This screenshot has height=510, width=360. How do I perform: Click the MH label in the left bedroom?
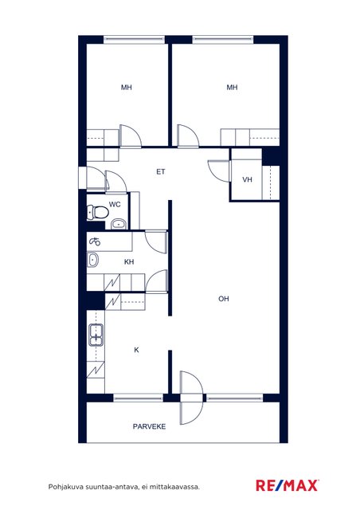(127, 87)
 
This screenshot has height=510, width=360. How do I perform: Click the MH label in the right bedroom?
(232, 87)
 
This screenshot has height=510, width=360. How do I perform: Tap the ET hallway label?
(161, 172)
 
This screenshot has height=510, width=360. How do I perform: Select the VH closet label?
(247, 179)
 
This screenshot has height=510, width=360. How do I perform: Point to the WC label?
(115, 204)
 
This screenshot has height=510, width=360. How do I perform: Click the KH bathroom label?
(129, 262)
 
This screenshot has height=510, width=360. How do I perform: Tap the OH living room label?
(224, 299)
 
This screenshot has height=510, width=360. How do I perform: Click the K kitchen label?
(136, 350)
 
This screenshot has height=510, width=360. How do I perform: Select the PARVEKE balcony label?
(149, 426)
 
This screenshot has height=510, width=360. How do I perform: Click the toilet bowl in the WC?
(97, 213)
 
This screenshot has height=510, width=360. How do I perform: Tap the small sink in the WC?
(119, 224)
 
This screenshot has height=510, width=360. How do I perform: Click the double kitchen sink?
(96, 335)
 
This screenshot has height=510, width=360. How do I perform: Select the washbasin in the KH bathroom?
(92, 260)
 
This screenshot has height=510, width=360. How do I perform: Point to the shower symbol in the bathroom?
(95, 241)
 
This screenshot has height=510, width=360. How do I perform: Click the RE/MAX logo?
(288, 485)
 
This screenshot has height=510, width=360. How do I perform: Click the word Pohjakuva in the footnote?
(66, 487)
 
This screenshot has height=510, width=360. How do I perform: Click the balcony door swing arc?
(195, 398)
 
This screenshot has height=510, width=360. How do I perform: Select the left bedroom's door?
(130, 136)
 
